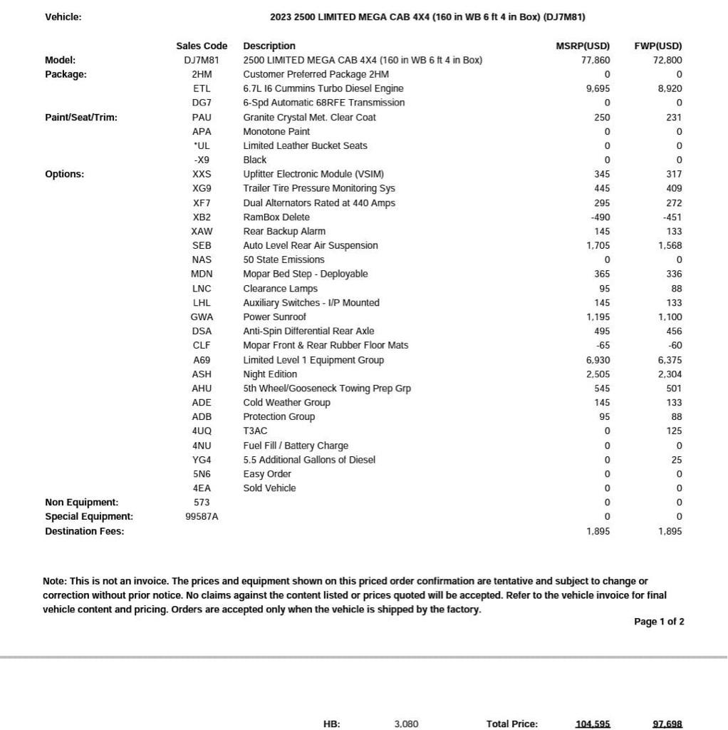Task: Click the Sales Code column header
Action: coord(202,46)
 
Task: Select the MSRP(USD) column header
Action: coord(583,46)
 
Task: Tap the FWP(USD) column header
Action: coord(657,46)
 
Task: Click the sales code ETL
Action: coord(202,88)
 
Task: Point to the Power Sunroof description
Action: coord(274,317)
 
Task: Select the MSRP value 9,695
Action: coord(598,88)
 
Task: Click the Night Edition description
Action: coord(270,374)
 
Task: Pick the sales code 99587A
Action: coord(202,516)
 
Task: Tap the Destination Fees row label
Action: coord(84,531)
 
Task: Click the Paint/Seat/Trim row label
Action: coord(81,117)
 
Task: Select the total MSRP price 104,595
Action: coord(593,724)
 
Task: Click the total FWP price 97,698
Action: coord(667,724)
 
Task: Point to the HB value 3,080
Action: coord(406,724)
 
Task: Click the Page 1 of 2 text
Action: coord(659,622)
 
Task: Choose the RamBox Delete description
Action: coord(276,217)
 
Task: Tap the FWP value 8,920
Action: coord(670,88)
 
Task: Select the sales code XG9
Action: coord(202,188)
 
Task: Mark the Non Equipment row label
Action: coord(81,502)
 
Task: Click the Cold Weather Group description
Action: coord(286,402)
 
